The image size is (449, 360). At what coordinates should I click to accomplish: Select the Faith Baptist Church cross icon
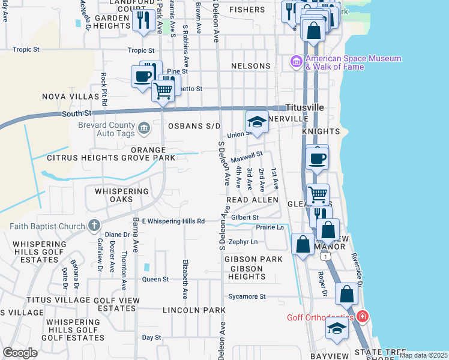93,226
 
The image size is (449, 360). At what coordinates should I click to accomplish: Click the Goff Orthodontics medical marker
362,316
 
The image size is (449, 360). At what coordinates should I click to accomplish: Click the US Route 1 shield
325,256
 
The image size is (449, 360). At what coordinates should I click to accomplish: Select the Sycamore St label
246,296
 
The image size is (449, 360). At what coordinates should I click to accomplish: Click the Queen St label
155,279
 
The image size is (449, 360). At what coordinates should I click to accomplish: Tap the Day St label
152,338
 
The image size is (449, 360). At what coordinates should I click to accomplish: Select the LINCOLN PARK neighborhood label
194,310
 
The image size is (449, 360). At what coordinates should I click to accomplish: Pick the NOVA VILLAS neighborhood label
70,96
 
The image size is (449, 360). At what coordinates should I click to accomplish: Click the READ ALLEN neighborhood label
252,199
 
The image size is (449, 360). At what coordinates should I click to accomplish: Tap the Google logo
20,352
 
